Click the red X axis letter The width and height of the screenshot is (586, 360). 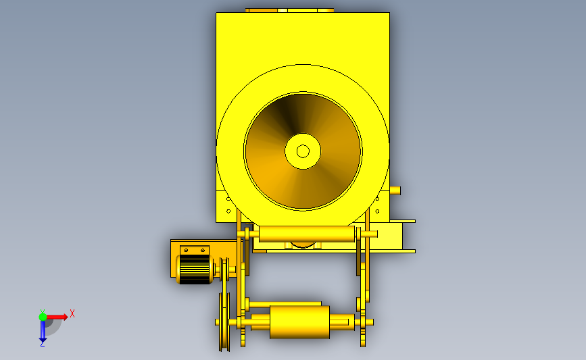[x=72, y=313]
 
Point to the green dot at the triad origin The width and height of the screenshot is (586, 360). [x=43, y=317]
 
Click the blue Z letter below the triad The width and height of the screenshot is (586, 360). [x=42, y=344]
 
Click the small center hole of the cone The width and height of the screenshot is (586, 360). [x=303, y=151]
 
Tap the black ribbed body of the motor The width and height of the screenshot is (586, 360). [x=195, y=269]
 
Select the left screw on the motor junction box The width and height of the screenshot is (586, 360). [x=186, y=250]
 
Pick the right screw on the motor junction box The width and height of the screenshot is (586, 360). [x=203, y=250]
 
